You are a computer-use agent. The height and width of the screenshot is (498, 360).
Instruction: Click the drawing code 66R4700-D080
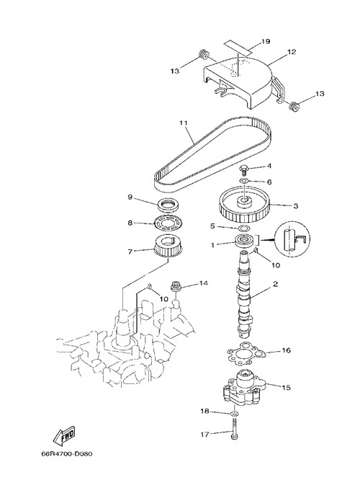(x=67, y=453)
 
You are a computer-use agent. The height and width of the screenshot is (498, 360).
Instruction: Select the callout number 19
(x=266, y=41)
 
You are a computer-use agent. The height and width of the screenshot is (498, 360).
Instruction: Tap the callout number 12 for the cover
(x=292, y=52)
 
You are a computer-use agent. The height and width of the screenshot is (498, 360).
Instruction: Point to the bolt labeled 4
(x=244, y=171)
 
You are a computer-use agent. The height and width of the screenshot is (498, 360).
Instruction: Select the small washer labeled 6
(x=244, y=181)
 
